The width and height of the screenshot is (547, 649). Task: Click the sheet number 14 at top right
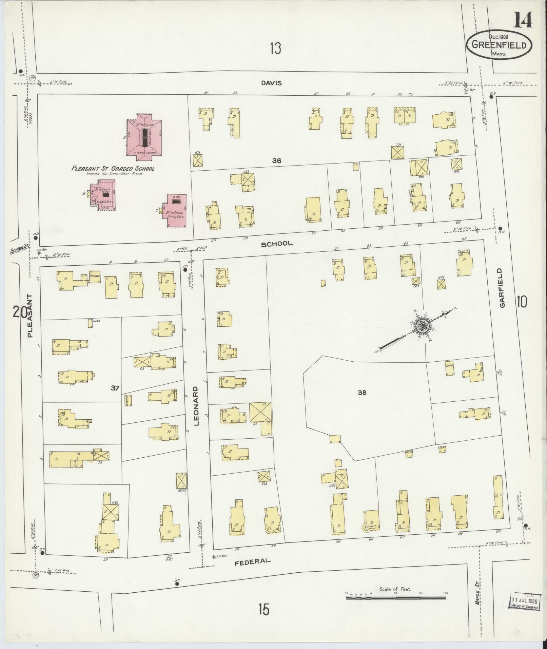522,20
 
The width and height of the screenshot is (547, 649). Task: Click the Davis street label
272,83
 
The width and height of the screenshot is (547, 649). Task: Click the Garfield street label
502,288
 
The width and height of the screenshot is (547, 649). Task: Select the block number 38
362,393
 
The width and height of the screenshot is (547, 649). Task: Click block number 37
115,388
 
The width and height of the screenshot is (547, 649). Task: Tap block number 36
277,161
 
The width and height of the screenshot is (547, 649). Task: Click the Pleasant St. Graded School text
113,169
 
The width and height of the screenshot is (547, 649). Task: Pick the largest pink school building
144,135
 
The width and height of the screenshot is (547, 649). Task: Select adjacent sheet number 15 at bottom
263,609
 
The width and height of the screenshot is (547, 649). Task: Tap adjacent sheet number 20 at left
20,311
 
